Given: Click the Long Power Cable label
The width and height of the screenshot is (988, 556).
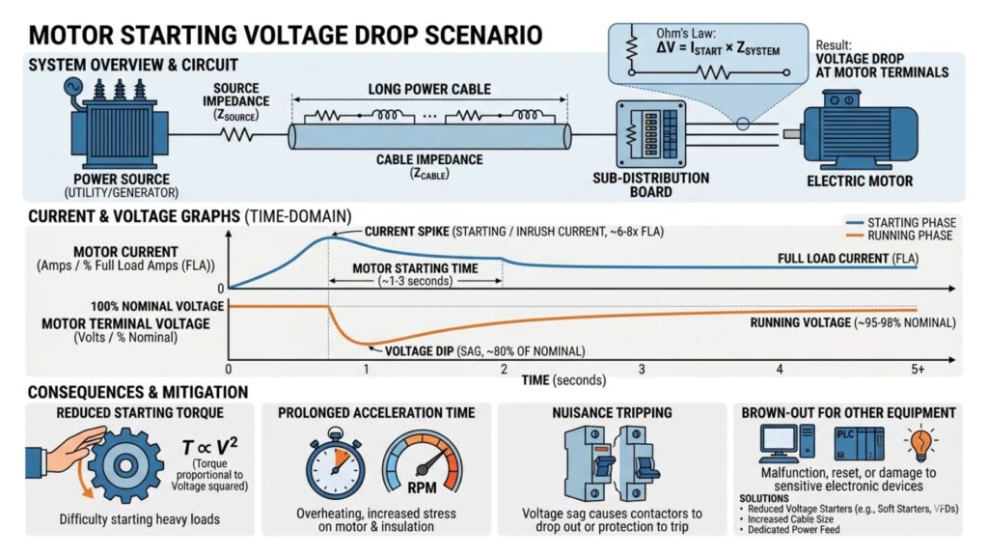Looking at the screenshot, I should click(x=429, y=90).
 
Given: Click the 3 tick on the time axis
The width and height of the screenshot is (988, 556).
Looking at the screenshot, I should click(x=641, y=370).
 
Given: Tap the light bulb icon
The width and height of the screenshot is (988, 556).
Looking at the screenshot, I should click(x=917, y=443).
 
